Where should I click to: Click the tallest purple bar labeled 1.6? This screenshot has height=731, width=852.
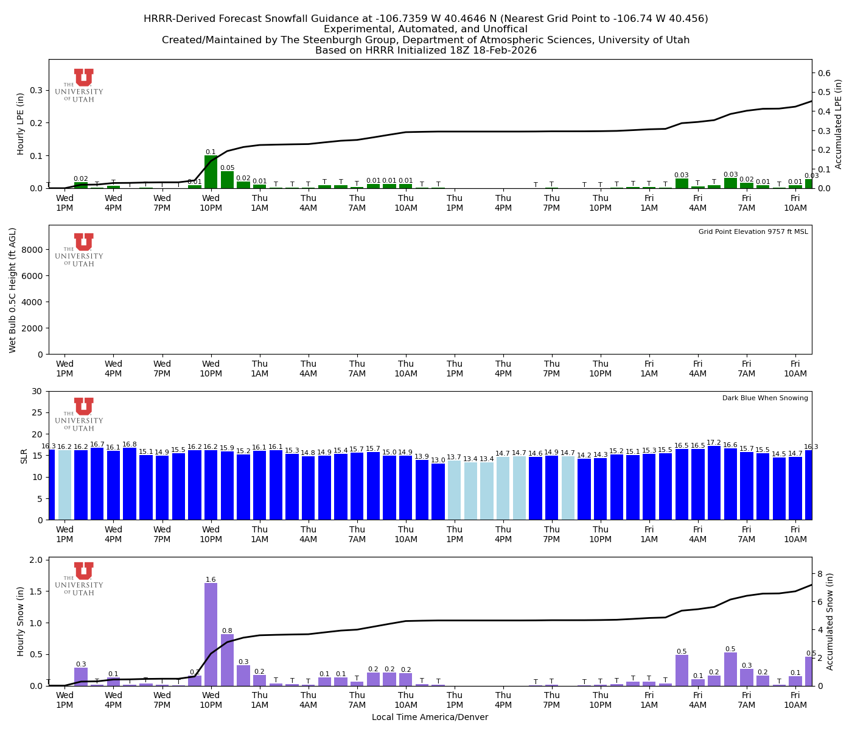tap(211, 634)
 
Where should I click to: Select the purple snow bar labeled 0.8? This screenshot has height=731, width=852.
tap(227, 660)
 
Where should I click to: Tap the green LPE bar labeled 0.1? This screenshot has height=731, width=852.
tap(211, 172)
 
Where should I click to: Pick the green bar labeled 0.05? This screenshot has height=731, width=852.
tap(227, 180)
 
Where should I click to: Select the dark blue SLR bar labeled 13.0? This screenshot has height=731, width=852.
tap(438, 492)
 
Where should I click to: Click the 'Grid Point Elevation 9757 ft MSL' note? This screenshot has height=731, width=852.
tap(753, 232)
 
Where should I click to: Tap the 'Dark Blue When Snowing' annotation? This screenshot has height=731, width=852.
tap(765, 398)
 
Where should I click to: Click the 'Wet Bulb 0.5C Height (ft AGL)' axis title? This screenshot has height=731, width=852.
tap(13, 290)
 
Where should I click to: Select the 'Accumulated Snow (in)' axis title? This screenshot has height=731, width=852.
tap(830, 621)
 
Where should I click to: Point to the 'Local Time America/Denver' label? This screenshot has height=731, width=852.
tap(430, 718)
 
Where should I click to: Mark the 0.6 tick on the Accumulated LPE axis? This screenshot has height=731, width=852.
tap(824, 73)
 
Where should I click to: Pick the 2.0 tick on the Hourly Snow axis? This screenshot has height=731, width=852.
tap(36, 560)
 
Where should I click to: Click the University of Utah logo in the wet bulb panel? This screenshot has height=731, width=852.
tap(83, 250)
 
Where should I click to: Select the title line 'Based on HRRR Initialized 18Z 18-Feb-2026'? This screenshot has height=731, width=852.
tap(425, 51)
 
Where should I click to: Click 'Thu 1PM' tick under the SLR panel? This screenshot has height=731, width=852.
tap(455, 534)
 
